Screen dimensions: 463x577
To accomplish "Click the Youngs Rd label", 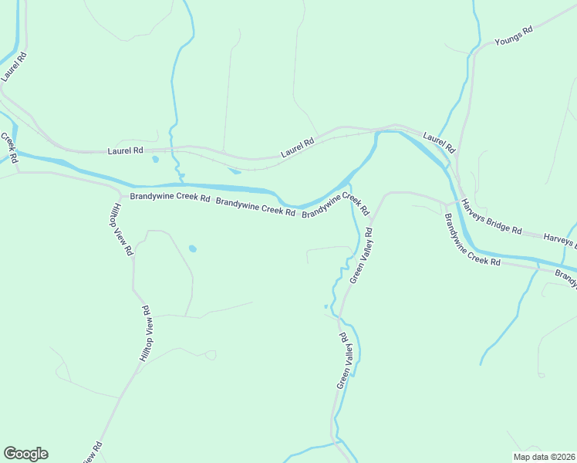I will (x=514, y=36).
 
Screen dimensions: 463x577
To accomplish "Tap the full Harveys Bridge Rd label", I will (x=491, y=217).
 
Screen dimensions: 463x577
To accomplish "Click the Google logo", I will (x=25, y=454).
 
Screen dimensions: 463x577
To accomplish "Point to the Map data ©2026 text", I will (x=542, y=457).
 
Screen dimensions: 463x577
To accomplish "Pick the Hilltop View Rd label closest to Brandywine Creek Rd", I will (x=123, y=229).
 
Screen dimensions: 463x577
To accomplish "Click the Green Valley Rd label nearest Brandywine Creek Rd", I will (x=361, y=255).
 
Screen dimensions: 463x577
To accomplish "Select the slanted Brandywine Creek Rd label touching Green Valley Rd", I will (x=336, y=204).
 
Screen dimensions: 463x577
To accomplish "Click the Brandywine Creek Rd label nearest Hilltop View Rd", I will (x=170, y=198).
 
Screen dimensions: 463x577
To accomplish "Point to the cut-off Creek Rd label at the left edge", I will (x=9, y=148).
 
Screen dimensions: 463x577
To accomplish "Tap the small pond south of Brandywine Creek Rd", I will (x=192, y=248).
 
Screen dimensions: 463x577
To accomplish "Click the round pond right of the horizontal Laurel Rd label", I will (x=155, y=160).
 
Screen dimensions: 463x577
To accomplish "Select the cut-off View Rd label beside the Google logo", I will (x=90, y=453).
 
